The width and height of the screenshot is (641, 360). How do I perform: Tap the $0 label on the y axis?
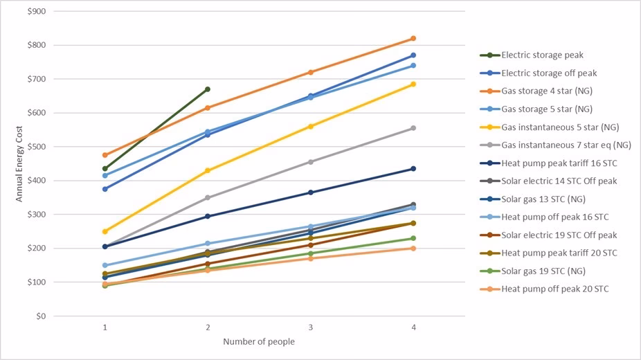(x=41, y=316)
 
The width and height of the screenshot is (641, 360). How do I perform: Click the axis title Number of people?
(x=259, y=342)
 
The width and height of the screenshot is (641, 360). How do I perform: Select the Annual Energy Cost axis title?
(x=19, y=163)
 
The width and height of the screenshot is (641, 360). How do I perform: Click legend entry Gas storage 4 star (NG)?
(x=546, y=91)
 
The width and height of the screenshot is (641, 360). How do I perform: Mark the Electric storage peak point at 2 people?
(x=208, y=89)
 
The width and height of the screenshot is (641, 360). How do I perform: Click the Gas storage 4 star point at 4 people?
(x=413, y=38)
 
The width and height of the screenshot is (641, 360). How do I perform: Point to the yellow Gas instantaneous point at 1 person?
(x=105, y=231)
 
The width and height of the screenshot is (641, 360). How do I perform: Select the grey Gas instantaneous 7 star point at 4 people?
(x=413, y=128)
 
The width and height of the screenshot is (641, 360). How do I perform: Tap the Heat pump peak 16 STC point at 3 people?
(x=311, y=192)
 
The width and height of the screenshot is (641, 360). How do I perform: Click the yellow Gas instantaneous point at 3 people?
(x=311, y=127)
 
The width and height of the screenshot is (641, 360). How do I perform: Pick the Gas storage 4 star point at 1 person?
(x=105, y=155)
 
